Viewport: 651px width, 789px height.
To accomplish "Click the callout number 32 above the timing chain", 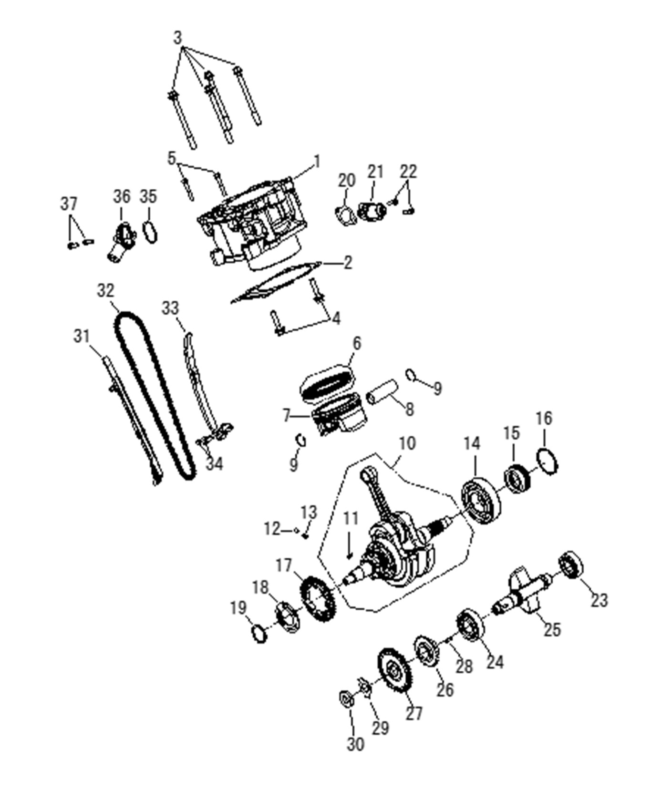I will tap(106, 291).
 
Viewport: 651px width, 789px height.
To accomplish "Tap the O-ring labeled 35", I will tap(150, 232).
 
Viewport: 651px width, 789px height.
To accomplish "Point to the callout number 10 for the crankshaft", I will tap(407, 443).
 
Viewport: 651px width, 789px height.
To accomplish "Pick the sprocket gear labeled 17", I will tap(317, 599).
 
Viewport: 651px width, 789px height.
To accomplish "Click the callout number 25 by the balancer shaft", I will tap(552, 629).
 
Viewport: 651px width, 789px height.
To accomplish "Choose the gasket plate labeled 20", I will tap(346, 215).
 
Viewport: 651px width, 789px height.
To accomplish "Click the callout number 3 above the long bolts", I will tap(178, 37).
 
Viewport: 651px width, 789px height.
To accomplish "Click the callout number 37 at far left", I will tap(69, 204).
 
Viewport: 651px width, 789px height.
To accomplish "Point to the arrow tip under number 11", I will tap(350, 557).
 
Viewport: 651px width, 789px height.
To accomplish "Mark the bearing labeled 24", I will tap(470, 625).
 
